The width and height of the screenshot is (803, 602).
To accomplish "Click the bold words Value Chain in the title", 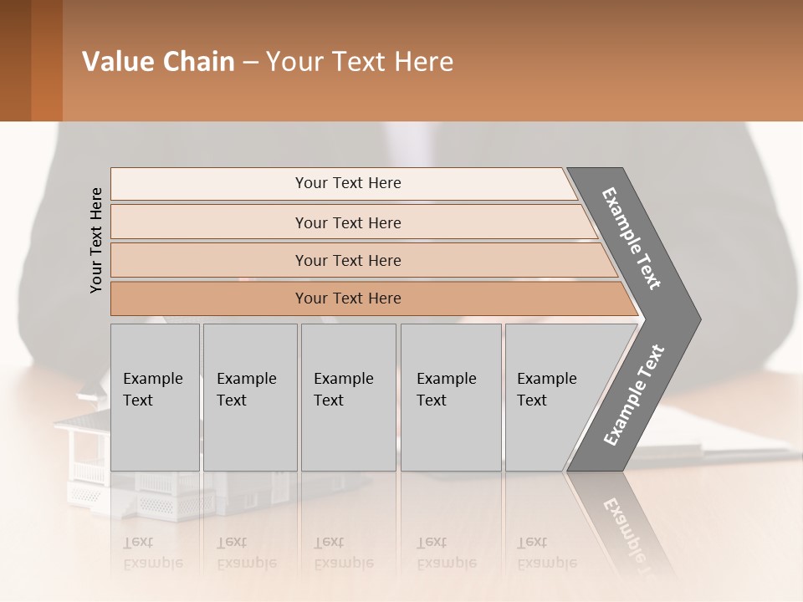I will pyautogui.click(x=158, y=62).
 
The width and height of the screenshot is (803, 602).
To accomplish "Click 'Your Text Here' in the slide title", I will pyautogui.click(x=360, y=62).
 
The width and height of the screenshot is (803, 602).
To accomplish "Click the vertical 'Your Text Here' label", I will pyautogui.click(x=96, y=240).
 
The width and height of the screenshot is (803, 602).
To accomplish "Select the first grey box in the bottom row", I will pyautogui.click(x=155, y=397).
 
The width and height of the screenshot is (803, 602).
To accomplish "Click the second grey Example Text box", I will pyautogui.click(x=249, y=397).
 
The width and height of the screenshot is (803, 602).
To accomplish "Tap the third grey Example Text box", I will pyautogui.click(x=348, y=397).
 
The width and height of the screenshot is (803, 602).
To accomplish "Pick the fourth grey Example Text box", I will pyautogui.click(x=451, y=397).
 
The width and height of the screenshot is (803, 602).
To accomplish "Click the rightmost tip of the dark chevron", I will pyautogui.click(x=698, y=319).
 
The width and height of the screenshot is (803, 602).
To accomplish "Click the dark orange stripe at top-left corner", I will pyautogui.click(x=47, y=60).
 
